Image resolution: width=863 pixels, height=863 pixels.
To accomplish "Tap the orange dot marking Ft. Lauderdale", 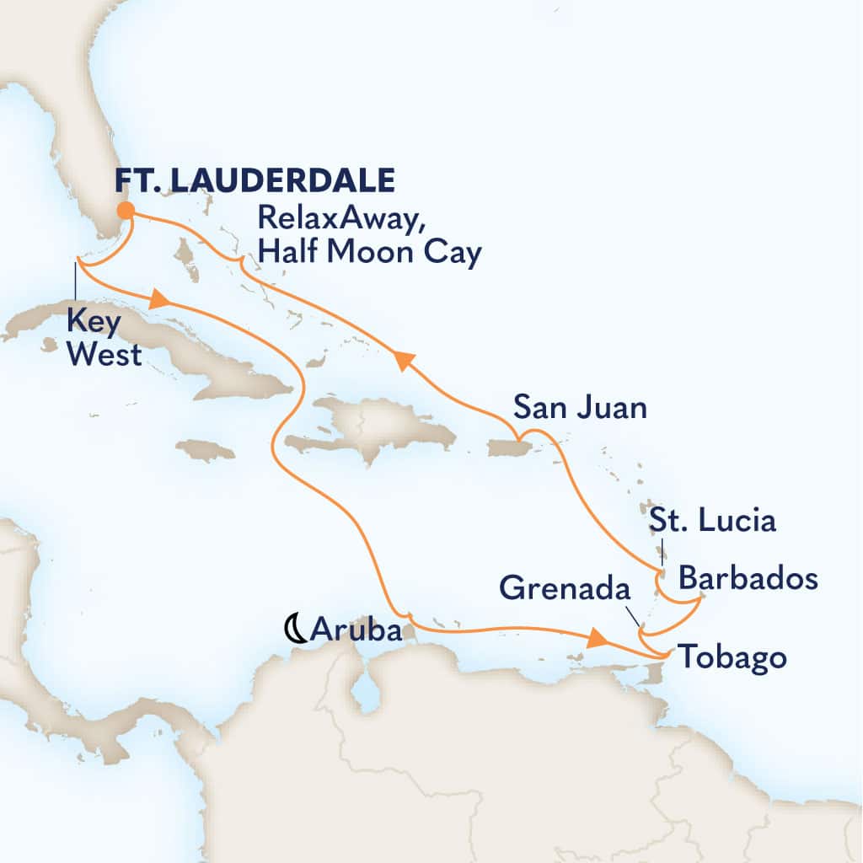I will pos(125,211).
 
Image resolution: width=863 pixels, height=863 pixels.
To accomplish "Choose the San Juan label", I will pos(581,409).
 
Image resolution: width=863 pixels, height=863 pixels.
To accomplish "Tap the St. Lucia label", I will pos(711,520).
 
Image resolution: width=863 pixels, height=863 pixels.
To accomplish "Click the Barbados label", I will pos(748,579).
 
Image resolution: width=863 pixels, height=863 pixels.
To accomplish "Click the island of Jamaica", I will pos(206,451).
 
